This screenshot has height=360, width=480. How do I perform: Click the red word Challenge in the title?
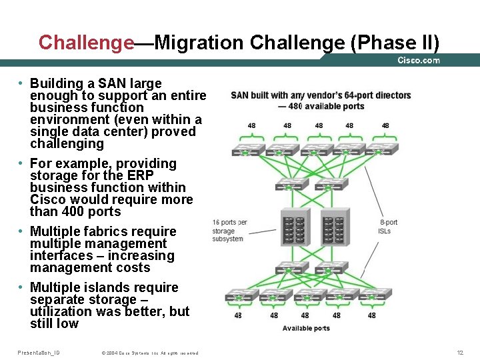(86, 43)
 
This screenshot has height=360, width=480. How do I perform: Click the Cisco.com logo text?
(419, 60)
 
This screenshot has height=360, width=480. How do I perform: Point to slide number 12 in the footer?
(459, 352)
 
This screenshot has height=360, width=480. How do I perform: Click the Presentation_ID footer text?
(39, 352)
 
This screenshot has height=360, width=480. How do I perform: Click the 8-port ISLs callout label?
(388, 227)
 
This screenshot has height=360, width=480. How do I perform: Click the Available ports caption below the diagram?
(306, 328)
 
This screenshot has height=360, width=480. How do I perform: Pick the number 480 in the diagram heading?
(295, 106)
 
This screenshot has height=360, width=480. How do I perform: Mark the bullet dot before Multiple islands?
(21, 287)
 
